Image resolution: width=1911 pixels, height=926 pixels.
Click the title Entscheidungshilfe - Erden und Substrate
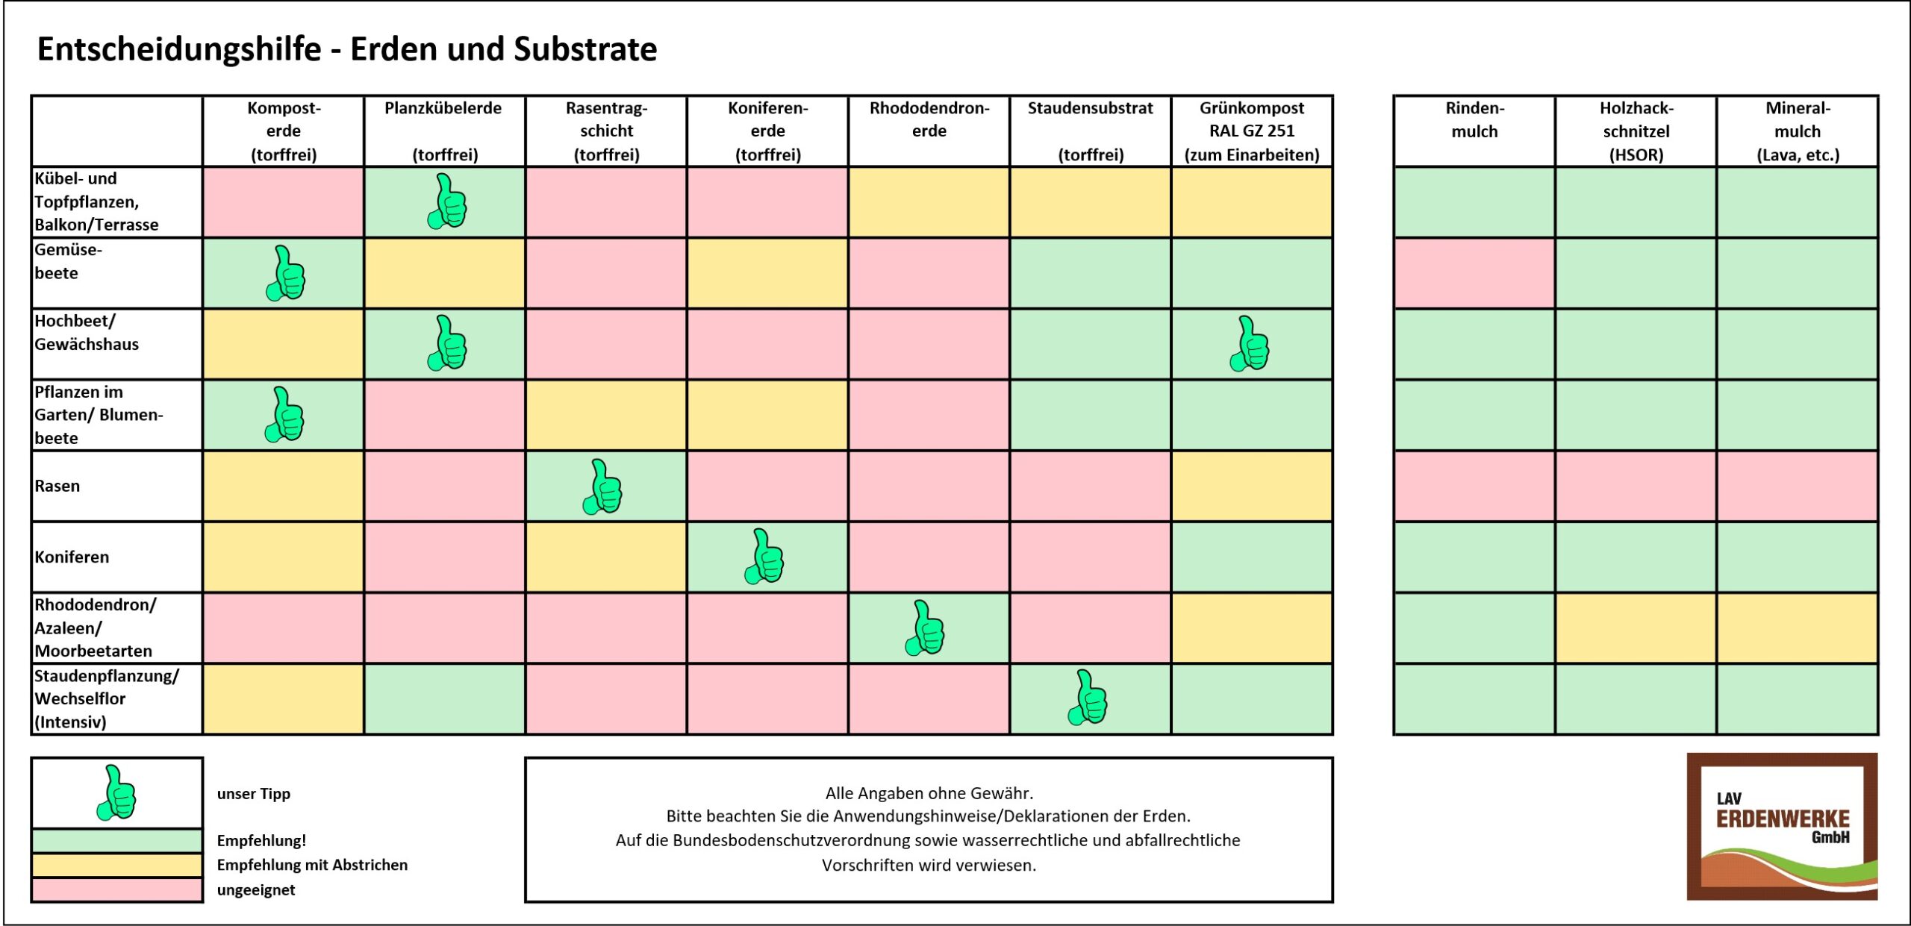point(347,49)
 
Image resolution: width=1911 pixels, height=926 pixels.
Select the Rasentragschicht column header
point(606,131)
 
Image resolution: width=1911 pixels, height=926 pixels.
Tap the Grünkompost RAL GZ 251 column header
point(1252,131)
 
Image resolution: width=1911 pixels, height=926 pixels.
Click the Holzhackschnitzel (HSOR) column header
point(1636,131)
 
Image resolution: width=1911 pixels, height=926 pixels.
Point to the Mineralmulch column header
point(1798,131)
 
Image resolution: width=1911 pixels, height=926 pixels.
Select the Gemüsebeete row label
point(69,261)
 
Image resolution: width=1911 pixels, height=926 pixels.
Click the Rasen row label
point(57,486)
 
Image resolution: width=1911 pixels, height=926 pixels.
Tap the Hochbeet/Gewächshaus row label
point(87,332)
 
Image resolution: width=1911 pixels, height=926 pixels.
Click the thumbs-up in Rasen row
point(603,487)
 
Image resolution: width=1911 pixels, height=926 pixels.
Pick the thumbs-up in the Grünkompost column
point(1250,343)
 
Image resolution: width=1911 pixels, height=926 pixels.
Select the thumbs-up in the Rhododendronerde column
point(926,628)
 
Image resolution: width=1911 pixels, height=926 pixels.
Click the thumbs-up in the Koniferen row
point(764,556)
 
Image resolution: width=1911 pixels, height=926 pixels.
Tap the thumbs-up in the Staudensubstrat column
point(1088,698)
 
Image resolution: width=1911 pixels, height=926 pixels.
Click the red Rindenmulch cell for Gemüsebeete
point(1474,272)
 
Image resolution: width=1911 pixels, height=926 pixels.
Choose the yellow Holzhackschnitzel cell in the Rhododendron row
point(1636,628)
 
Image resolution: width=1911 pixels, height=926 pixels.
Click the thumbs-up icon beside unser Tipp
point(117,792)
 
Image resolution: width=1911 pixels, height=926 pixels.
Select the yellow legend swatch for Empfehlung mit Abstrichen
point(117,865)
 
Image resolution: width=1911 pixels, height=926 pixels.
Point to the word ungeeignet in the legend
point(256,889)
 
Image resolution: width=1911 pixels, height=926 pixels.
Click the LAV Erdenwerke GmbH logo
point(1782,826)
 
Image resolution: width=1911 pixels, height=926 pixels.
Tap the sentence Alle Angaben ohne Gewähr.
point(929,792)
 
